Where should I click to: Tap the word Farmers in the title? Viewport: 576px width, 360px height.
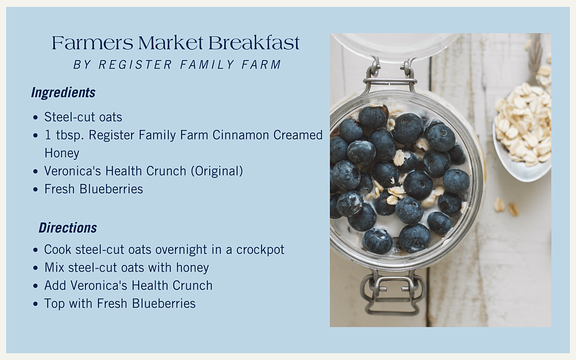[x=93, y=43]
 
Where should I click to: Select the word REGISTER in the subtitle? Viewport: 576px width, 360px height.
[x=135, y=64]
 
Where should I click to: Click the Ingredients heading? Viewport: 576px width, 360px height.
[x=63, y=93]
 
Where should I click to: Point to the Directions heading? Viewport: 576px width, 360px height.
[x=68, y=228]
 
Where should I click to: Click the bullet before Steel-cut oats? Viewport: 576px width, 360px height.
[x=36, y=118]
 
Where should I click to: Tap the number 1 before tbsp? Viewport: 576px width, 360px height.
[x=48, y=135]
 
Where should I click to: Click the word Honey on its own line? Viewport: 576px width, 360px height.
[x=62, y=153]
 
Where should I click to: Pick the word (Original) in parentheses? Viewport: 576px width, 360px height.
[x=217, y=171]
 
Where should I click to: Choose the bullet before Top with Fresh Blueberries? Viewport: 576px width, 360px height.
[x=36, y=304]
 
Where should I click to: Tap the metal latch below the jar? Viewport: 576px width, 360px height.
[x=392, y=293]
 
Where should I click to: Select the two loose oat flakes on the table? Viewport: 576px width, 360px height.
[x=506, y=207]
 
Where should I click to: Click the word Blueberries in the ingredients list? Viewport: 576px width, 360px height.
[x=111, y=189]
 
